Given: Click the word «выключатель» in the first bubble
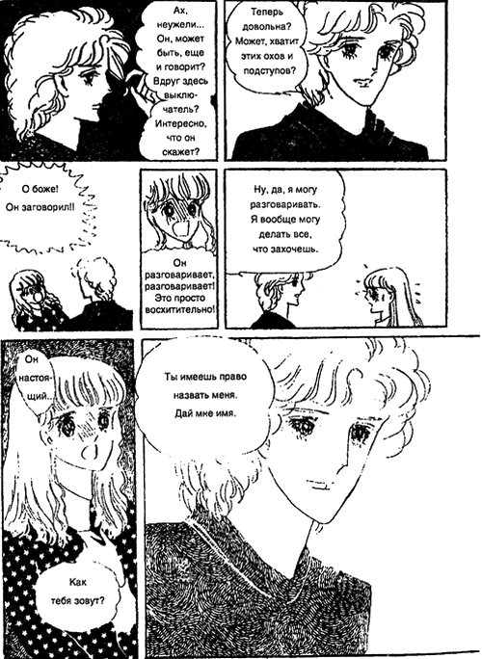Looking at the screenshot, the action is [x=181, y=102].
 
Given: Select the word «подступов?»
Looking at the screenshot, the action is [x=269, y=70].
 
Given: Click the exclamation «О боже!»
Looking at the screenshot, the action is [x=40, y=190].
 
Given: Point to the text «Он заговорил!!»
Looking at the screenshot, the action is [x=40, y=207].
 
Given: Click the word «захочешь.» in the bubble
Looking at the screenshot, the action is [x=285, y=249].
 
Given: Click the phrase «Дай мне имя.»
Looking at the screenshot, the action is [x=205, y=413].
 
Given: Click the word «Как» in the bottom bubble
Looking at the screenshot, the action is [x=78, y=583].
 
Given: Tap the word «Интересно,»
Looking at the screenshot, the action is [x=181, y=124].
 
